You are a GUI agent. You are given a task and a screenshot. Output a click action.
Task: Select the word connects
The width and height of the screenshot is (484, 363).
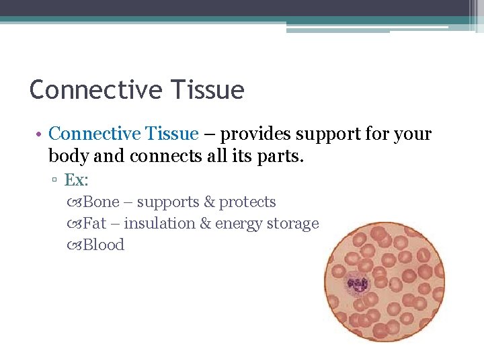153,157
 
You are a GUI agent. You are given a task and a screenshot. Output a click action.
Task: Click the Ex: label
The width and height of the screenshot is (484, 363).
77,180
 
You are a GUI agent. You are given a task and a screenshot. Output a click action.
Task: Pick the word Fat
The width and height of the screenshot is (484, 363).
95,224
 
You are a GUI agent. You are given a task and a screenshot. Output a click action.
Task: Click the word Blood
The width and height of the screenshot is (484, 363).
104,245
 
